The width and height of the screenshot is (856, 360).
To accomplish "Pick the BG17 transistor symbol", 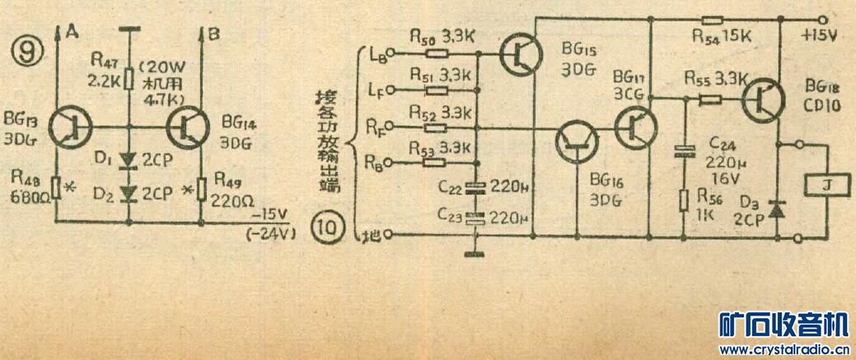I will click(x=636, y=126).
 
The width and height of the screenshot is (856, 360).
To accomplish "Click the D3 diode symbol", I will click(x=774, y=212).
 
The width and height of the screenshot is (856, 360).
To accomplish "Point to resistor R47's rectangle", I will click(x=129, y=77).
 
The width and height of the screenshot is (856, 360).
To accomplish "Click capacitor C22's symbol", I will click(x=473, y=185).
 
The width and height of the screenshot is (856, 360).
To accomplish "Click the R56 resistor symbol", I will click(x=683, y=201).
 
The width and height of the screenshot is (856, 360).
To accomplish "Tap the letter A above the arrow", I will click(x=72, y=33).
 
